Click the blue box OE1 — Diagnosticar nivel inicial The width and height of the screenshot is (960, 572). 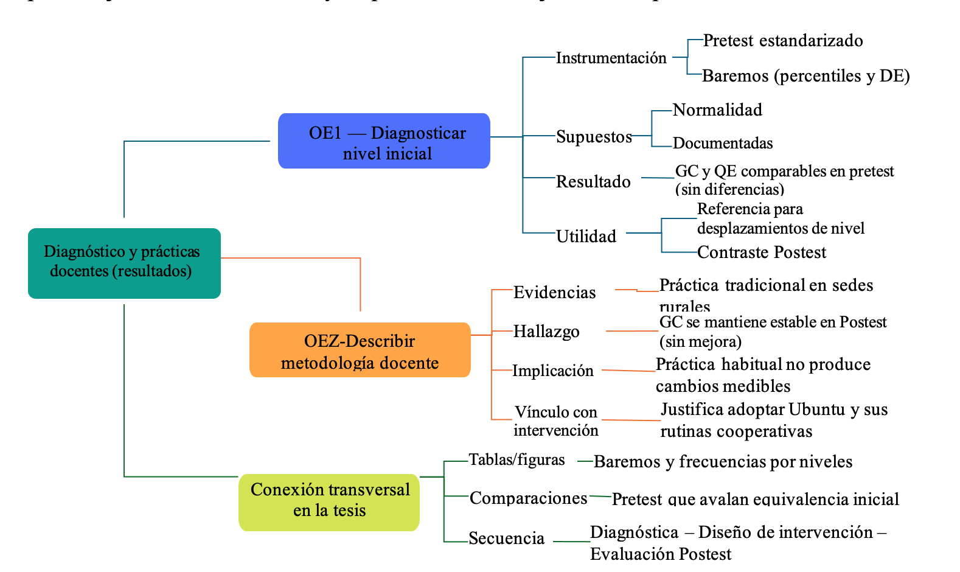[384, 141]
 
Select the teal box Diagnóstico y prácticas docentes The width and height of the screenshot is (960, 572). [124, 263]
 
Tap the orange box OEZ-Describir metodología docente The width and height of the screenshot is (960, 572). [360, 351]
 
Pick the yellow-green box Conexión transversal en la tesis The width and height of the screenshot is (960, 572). [329, 502]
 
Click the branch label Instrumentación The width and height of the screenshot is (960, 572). [611, 58]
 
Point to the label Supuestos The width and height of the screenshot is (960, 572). [594, 137]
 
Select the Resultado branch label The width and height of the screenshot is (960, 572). [593, 181]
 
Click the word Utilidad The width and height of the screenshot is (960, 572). [586, 236]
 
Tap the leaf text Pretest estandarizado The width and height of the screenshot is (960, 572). [783, 41]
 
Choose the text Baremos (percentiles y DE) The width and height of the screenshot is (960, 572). [805, 76]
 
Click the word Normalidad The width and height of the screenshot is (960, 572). [717, 110]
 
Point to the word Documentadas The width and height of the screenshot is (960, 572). [723, 144]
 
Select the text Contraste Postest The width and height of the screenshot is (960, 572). [762, 253]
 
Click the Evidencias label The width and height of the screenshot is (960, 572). [554, 293]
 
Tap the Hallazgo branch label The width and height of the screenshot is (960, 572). [546, 332]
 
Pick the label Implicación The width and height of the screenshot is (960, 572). [552, 371]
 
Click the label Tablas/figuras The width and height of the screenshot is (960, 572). [517, 460]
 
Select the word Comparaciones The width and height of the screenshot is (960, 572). [528, 498]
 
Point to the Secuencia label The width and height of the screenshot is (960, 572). [506, 539]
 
